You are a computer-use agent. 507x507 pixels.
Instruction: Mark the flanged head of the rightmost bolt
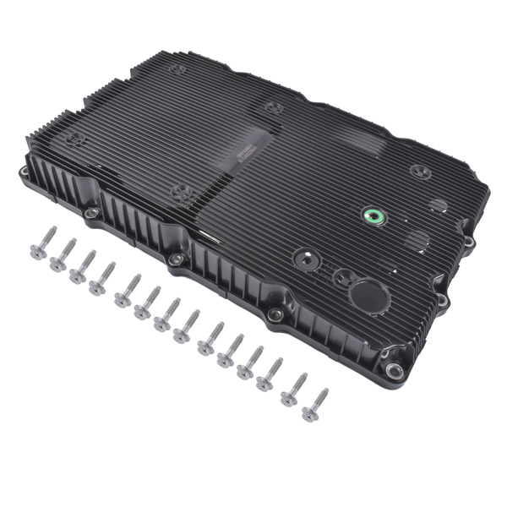click(308, 413)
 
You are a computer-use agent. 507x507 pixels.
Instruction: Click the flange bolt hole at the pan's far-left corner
click(24, 175)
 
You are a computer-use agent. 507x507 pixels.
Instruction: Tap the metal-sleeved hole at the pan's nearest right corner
click(392, 369)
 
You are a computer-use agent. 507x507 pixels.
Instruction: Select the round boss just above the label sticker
click(273, 107)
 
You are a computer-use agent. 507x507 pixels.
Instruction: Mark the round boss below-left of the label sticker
click(179, 192)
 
